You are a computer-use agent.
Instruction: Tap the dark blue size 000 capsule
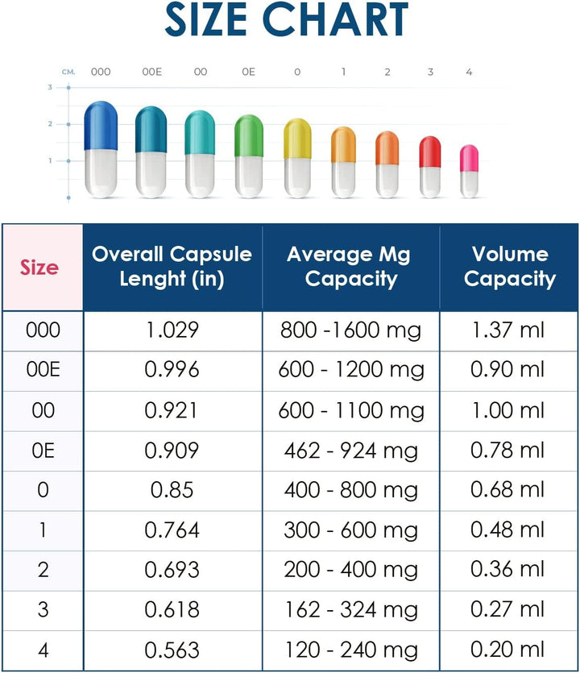point(101,149)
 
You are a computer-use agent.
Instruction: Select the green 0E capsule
point(249,156)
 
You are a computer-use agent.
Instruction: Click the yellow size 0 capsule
point(297,159)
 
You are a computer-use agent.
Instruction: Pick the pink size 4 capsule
point(469,171)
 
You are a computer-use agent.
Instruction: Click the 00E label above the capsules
point(151,72)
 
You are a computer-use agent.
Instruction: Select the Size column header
point(39,267)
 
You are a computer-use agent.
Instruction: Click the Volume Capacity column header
point(509,267)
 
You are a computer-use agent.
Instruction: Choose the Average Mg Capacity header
point(350,267)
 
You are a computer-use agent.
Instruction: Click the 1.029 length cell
point(172,330)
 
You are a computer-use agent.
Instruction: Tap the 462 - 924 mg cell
point(350,451)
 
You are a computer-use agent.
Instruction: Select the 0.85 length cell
point(172,490)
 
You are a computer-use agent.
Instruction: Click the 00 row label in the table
point(43,410)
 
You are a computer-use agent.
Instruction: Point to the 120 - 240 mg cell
point(350,650)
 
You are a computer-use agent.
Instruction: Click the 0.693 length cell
point(172,570)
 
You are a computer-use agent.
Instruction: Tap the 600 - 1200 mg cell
point(350,370)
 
